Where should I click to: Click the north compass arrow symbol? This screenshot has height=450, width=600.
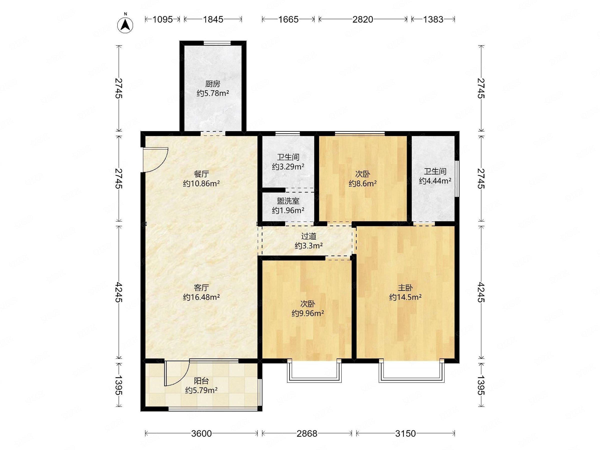(x=125, y=25)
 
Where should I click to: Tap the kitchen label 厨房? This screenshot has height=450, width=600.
(x=213, y=84)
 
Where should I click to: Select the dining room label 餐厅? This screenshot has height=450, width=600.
(x=201, y=173)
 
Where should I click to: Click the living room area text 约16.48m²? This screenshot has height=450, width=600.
(x=201, y=297)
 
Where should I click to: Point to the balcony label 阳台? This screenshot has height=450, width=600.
(x=201, y=381)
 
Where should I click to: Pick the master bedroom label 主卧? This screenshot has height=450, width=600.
(x=405, y=287)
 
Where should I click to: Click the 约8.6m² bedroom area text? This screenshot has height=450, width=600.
(x=363, y=184)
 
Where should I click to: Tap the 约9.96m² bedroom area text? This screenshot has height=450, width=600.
(x=308, y=313)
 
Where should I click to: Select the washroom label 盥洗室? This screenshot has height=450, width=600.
(x=288, y=201)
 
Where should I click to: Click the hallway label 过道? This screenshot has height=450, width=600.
(x=309, y=236)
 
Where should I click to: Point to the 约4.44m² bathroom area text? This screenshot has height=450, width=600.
(x=435, y=181)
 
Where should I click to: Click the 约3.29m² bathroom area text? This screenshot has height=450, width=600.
(x=288, y=166)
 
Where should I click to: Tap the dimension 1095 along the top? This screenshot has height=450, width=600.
(x=162, y=19)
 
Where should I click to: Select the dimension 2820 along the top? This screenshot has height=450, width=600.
(x=363, y=19)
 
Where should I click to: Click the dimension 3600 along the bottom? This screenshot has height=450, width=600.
(x=201, y=434)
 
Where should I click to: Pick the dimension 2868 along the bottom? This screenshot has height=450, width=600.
(x=307, y=434)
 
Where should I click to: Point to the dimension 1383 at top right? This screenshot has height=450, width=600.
(x=433, y=19)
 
